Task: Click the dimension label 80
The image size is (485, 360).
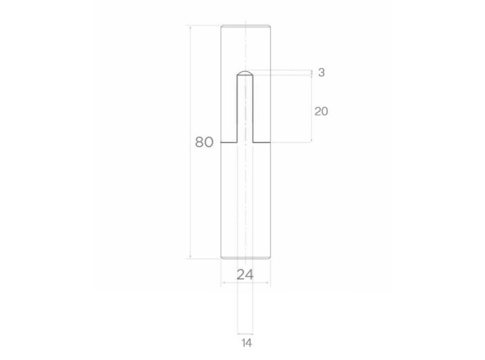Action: coord(204,142)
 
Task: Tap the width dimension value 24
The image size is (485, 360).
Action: coord(245,274)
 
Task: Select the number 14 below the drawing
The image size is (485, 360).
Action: coord(247,343)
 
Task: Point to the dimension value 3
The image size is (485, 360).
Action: coord(321,72)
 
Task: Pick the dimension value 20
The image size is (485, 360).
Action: coord(321,111)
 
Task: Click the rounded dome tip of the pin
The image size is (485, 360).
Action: coord(245,73)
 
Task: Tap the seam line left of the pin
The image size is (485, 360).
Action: coord(229,143)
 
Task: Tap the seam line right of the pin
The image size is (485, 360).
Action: coord(262,143)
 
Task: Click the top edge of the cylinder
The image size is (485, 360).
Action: coord(245,26)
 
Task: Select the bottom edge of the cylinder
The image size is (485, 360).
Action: coord(245,258)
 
